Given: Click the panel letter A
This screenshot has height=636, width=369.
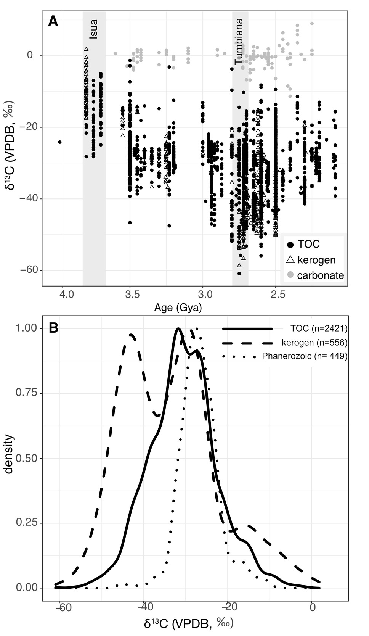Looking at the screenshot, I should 53,21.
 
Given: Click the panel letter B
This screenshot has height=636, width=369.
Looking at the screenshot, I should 53,328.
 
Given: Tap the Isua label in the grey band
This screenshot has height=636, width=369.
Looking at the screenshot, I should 93,29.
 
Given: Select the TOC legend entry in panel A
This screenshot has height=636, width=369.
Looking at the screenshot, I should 303,245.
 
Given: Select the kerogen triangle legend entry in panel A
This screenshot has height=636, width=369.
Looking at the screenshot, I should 311,260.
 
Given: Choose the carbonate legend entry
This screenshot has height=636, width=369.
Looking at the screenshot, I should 315,275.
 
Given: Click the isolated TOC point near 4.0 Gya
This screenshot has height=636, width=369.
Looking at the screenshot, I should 60,142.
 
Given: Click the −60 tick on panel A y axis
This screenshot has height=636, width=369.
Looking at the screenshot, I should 27,270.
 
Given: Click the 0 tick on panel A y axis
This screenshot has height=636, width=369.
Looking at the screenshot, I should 30,56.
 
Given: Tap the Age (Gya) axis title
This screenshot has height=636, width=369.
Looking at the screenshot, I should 178,307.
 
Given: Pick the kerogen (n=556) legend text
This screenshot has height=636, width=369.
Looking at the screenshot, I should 314,343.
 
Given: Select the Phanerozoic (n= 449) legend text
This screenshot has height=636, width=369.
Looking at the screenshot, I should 305,356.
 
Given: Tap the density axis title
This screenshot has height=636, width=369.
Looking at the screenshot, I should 9,454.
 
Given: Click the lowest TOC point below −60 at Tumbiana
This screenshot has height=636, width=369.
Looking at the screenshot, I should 239,274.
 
